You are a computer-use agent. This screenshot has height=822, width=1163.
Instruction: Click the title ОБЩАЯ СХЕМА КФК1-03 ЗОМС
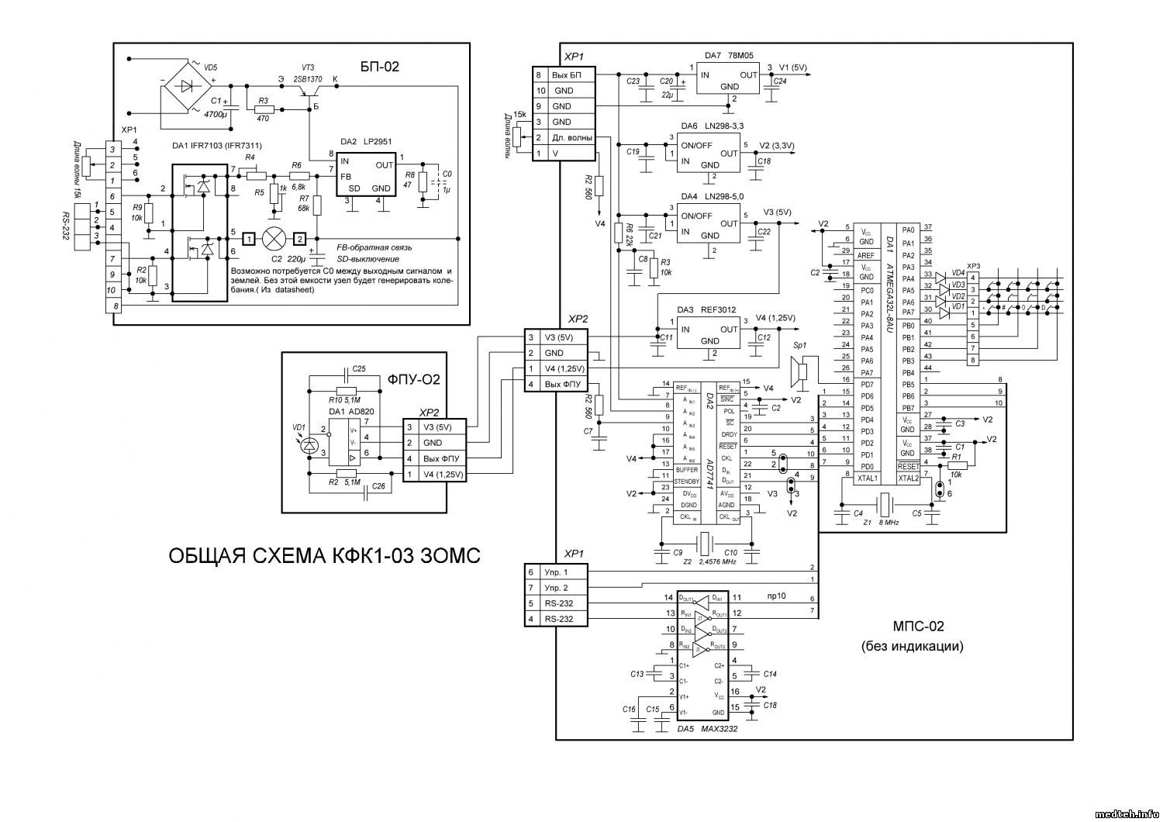325,555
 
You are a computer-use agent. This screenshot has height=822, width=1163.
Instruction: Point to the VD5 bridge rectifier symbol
186,85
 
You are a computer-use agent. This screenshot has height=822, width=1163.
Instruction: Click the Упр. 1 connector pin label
556,572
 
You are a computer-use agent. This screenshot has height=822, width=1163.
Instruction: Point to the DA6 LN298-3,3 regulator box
709,154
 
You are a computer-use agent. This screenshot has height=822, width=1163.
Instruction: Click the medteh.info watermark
1125,813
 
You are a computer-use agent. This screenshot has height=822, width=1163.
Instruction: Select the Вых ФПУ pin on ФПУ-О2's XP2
443,458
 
